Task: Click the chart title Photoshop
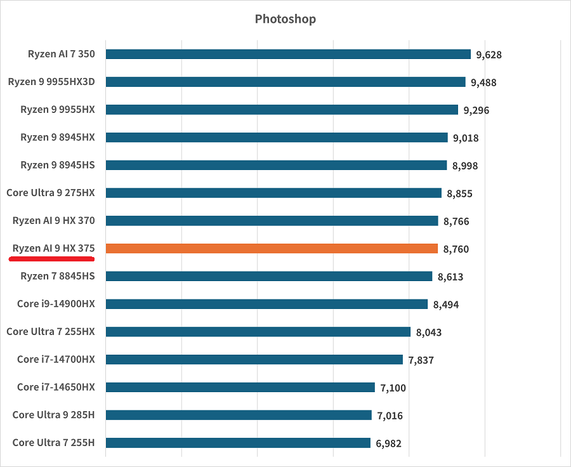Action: click(x=285, y=19)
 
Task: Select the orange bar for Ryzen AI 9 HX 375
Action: click(x=272, y=249)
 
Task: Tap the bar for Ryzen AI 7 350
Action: click(x=288, y=54)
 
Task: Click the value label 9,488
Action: click(x=483, y=82)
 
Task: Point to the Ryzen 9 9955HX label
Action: click(x=57, y=109)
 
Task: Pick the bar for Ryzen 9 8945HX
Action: click(x=277, y=137)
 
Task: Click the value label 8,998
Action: click(x=464, y=166)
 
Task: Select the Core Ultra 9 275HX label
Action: click(x=50, y=192)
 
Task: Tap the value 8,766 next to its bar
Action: click(x=456, y=221)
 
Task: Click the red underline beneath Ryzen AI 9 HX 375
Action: click(x=52, y=259)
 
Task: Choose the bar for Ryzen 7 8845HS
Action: click(x=269, y=276)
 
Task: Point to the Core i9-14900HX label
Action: click(x=56, y=303)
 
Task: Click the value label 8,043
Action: click(x=429, y=332)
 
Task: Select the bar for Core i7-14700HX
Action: click(x=254, y=359)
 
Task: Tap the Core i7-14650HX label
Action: click(x=56, y=386)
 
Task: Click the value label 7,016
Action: click(x=390, y=416)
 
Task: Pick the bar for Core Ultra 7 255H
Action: click(x=238, y=442)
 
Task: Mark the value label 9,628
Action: click(x=489, y=55)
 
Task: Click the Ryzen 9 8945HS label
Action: click(x=57, y=164)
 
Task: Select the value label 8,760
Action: click(x=456, y=249)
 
